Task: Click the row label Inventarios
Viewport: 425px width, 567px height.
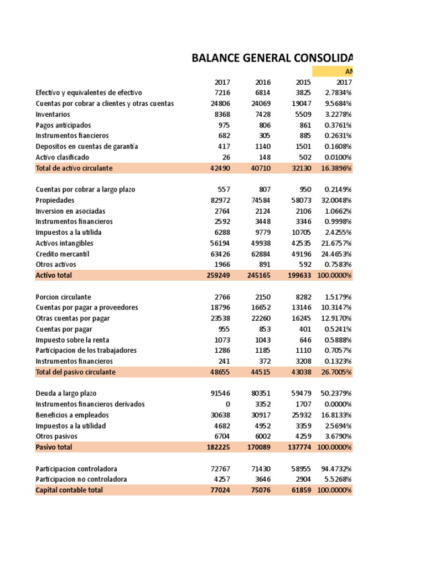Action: (53, 114)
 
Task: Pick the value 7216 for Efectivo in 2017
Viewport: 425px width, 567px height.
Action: (222, 92)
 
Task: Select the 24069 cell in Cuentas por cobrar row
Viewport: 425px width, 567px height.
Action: (260, 104)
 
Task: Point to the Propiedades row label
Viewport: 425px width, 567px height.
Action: (55, 200)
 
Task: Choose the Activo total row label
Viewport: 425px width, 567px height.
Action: (54, 275)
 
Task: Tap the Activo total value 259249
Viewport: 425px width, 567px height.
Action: (217, 275)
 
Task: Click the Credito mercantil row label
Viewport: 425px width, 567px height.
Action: (62, 254)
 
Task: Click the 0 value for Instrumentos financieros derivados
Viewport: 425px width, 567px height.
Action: (227, 404)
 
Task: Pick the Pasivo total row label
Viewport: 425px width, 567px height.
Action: (54, 447)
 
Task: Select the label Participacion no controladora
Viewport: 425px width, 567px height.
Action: (81, 479)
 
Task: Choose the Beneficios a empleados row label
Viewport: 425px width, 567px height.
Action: (72, 415)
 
